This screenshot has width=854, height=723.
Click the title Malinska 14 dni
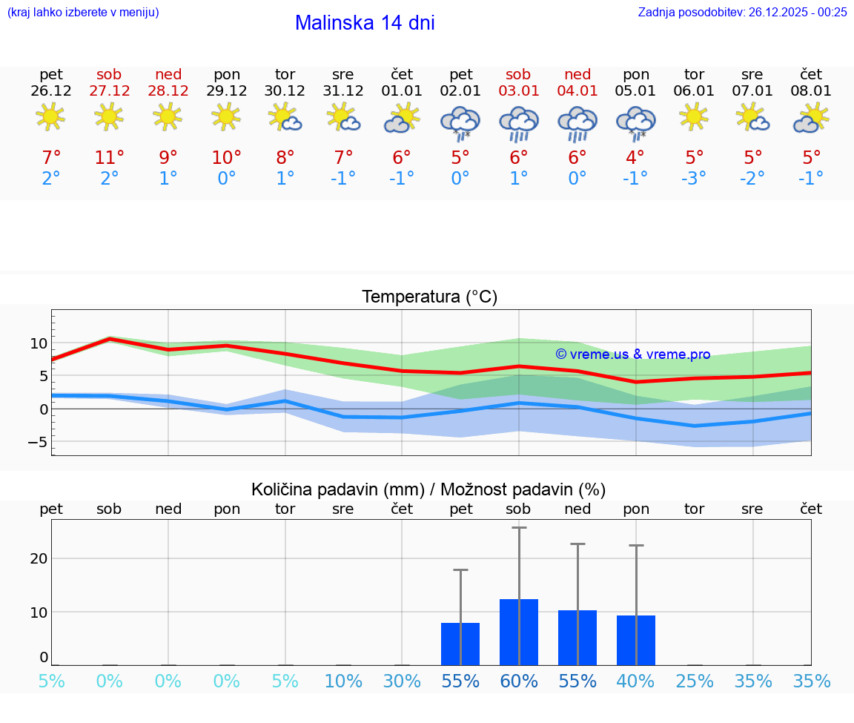365,23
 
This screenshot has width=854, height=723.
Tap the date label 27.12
109,91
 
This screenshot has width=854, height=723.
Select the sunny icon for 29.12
226,117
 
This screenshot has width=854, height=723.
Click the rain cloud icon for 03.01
518,122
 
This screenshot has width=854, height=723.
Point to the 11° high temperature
109,158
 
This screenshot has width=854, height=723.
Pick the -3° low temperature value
694,178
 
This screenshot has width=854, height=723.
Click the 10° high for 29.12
226,158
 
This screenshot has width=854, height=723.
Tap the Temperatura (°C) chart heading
429,297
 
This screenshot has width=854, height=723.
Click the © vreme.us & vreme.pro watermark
632,354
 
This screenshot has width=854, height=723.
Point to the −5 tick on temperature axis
35,442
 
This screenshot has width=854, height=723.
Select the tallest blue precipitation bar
518,632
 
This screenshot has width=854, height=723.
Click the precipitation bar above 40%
635,640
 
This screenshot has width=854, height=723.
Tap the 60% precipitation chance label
518,681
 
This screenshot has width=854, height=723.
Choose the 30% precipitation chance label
402,681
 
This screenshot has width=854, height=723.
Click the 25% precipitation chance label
694,681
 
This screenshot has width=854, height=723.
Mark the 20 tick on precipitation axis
39,558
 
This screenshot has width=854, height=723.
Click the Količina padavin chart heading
428,489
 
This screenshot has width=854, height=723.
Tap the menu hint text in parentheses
82,12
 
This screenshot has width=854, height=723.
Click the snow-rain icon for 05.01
635,122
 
